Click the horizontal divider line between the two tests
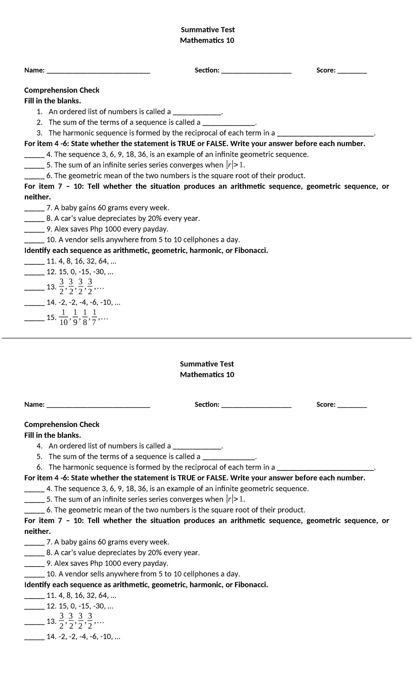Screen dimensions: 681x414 coord(207,338)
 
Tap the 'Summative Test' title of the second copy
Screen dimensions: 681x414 coord(207,364)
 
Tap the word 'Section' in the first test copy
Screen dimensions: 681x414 coord(206,70)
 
